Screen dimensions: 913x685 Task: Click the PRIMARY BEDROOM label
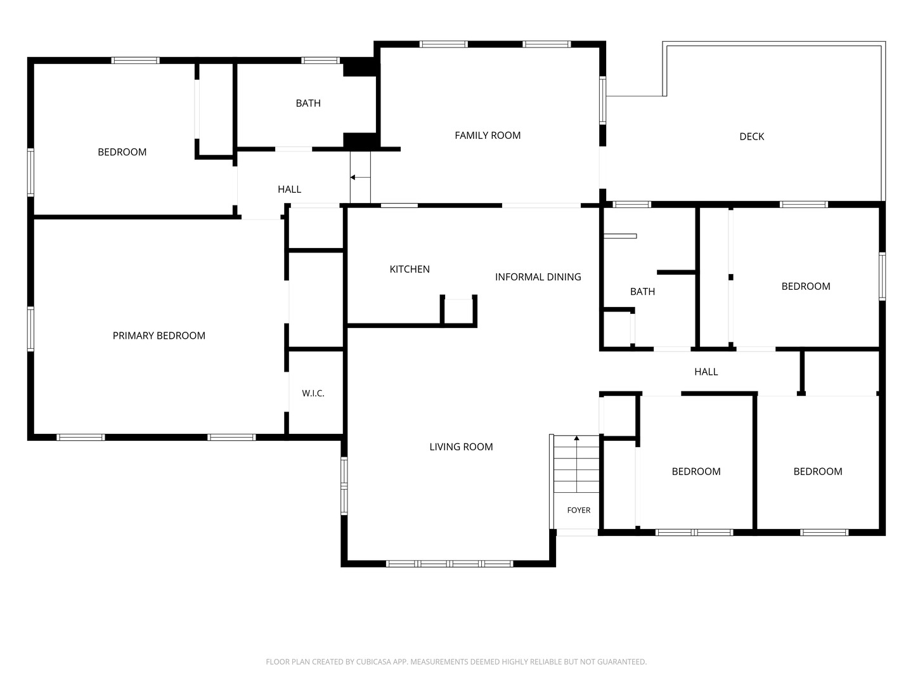[159, 336]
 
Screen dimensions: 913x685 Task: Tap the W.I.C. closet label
[313, 393]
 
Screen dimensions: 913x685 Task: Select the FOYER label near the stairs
[579, 511]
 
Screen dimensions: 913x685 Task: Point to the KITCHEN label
[410, 269]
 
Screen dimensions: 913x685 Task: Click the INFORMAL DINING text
[538, 277]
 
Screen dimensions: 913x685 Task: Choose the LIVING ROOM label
[461, 447]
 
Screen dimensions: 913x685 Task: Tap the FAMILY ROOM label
[488, 136]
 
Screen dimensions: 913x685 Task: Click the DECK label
[751, 136]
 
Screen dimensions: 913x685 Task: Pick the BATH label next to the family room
[308, 103]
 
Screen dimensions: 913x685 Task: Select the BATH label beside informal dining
[642, 292]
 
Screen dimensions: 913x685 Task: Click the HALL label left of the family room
[290, 189]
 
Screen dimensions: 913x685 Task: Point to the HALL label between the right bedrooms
[706, 372]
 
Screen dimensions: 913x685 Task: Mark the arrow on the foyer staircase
[576, 464]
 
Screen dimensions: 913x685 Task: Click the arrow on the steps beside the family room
[360, 178]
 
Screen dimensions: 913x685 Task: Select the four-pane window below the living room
[450, 564]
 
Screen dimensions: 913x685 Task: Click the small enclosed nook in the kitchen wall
[458, 311]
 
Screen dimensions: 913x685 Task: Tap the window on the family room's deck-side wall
[602, 100]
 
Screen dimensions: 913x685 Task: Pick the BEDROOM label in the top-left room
[122, 152]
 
